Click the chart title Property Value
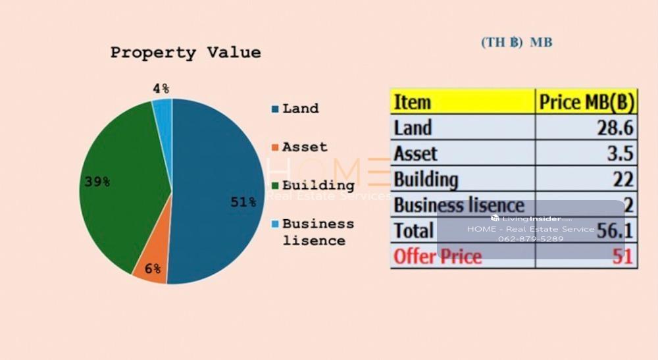(185, 53)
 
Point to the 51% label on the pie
(243, 202)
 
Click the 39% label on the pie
(97, 182)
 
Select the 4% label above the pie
(161, 88)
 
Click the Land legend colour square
(274, 109)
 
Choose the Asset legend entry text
(305, 147)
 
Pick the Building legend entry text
(318, 185)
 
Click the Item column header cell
(413, 102)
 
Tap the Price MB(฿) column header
(586, 102)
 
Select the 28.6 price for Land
(615, 128)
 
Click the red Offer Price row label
(438, 256)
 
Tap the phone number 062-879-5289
(530, 239)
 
